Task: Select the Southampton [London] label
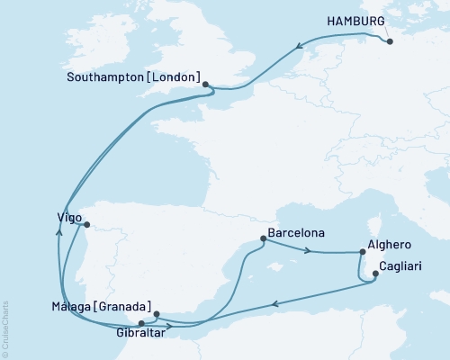(x=134, y=77)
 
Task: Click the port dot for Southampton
(x=206, y=85)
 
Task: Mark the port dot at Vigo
(x=85, y=213)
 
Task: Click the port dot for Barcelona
(x=263, y=238)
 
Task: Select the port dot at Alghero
(x=363, y=253)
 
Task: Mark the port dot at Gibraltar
(x=140, y=321)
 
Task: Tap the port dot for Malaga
(x=157, y=314)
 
